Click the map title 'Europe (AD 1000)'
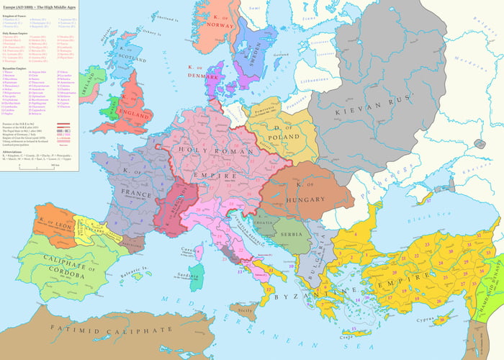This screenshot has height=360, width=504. [x=27, y=5]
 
